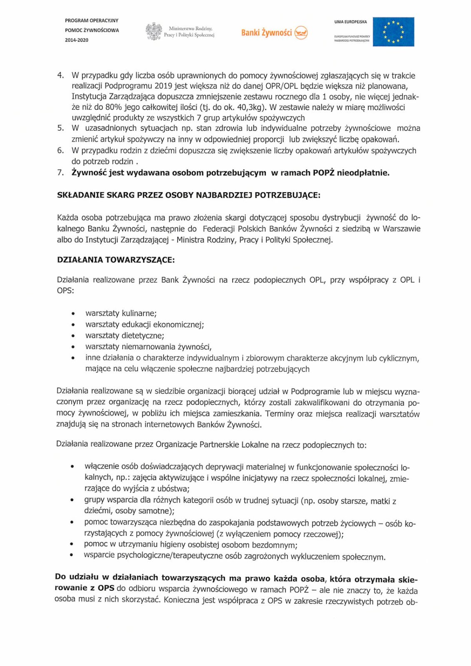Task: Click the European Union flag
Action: tap(393, 32)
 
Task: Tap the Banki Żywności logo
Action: tap(274, 32)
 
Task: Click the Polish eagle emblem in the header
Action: tap(154, 32)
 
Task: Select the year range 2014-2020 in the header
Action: tap(77, 40)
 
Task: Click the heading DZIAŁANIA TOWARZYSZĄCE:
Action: tap(116, 260)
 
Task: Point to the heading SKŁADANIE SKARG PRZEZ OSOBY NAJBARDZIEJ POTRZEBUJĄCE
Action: tap(189, 195)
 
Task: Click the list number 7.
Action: tap(60, 173)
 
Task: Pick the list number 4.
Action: tap(60, 75)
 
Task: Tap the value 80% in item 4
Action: tap(113, 107)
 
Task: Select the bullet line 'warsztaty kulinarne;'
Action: tap(121, 313)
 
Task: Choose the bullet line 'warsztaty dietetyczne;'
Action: tap(125, 335)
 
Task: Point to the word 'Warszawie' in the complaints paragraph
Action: tap(401, 229)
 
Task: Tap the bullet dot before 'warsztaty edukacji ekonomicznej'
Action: tap(74, 325)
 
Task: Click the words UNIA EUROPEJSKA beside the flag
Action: tap(350, 22)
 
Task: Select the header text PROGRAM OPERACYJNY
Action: tap(92, 20)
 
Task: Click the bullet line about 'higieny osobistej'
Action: tap(190, 545)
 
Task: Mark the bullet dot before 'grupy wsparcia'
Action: tap(73, 500)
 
